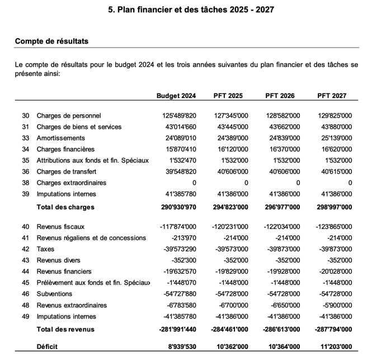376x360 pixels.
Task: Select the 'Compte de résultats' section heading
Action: (51, 41)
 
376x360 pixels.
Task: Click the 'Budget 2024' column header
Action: (176, 96)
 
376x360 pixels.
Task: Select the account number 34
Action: (26, 149)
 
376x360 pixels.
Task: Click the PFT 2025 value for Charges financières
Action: (231, 149)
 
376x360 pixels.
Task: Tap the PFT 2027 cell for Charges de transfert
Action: (334, 172)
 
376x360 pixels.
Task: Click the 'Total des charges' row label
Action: (65, 207)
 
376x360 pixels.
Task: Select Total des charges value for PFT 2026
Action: (281, 207)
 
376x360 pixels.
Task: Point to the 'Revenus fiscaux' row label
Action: (60, 227)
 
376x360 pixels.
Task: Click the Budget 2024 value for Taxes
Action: (176, 249)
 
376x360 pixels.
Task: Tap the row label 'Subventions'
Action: (54, 294)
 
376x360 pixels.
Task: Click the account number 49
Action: (26, 316)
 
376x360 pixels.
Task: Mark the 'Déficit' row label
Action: (48, 347)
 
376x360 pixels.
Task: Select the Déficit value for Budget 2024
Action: (179, 347)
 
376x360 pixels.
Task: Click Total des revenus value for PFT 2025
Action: (229, 329)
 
